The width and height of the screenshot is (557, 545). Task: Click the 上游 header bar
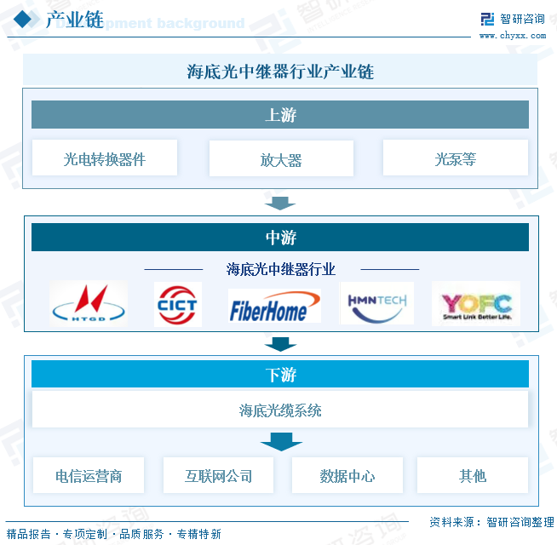[x=279, y=115]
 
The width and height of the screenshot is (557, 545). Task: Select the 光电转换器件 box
[x=104, y=158]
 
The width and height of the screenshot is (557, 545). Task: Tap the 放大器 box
[x=280, y=158]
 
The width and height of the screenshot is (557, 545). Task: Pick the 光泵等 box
[x=455, y=158]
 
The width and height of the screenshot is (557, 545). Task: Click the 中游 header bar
[x=279, y=238]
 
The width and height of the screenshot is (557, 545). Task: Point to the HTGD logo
[x=89, y=303]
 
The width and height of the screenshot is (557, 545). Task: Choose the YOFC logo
[x=476, y=305]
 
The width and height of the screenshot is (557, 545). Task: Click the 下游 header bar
[x=279, y=374]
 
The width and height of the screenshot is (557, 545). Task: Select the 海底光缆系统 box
[x=279, y=410]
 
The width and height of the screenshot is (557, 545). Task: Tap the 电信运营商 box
[x=88, y=475]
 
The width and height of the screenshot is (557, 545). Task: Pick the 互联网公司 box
[x=218, y=475]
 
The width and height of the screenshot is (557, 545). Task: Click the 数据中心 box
[x=347, y=475]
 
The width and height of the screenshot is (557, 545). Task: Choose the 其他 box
[x=472, y=475]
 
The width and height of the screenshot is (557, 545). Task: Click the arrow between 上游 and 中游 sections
[x=279, y=204]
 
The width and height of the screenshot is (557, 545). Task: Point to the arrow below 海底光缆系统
[x=281, y=442]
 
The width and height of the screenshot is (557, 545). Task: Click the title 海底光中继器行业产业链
[x=279, y=72]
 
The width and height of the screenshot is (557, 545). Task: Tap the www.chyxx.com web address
[x=512, y=36]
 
